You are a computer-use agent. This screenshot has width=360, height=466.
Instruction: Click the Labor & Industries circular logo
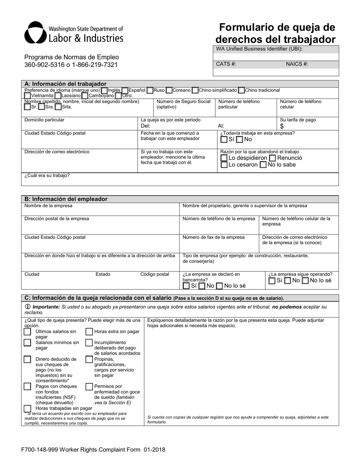point(34,33)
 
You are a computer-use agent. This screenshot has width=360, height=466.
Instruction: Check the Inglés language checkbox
point(104,91)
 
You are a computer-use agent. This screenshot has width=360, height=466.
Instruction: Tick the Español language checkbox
point(125,91)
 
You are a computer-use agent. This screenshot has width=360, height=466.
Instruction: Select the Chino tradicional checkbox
point(241,91)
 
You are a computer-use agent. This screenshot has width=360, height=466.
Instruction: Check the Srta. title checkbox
point(58,107)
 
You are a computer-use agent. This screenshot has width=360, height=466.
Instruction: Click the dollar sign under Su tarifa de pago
point(282,127)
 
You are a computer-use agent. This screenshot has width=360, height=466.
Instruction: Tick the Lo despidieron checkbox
point(224,158)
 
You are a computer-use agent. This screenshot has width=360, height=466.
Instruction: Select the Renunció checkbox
point(272,158)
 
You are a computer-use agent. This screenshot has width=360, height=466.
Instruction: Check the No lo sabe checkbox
point(263,165)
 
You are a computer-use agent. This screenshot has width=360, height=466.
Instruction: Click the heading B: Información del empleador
point(66,199)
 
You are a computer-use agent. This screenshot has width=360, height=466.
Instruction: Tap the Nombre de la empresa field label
point(48,206)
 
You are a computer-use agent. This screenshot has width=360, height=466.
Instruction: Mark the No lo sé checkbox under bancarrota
point(219,286)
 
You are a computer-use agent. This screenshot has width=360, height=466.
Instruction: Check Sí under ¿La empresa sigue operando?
point(272,281)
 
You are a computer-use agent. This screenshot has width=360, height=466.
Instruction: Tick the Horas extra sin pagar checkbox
point(89,332)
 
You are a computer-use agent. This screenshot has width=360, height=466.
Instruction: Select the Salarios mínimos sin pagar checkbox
point(27,343)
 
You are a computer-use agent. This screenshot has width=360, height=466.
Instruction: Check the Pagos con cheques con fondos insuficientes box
point(27,386)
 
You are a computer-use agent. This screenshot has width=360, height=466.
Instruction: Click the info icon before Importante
point(28,306)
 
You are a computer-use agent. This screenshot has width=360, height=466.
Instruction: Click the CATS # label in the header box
point(226,64)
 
